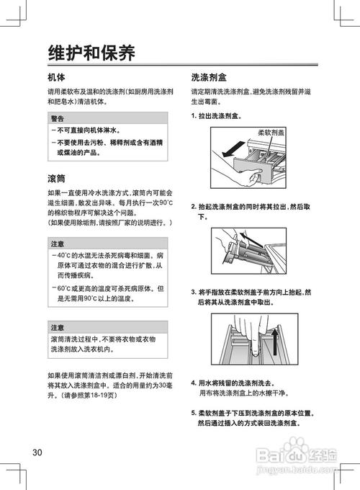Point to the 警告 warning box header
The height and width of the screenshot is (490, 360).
[x=58, y=118]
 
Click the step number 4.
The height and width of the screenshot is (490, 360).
[x=194, y=383]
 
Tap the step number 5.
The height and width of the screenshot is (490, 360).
[x=194, y=413]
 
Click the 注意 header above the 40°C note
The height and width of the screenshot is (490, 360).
[x=58, y=245]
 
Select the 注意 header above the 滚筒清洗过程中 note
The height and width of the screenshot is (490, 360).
[x=58, y=327]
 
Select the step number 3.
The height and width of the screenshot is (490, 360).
[x=194, y=293]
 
